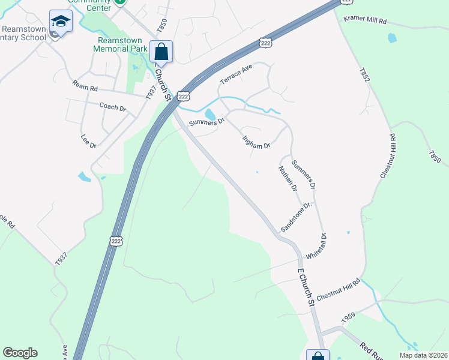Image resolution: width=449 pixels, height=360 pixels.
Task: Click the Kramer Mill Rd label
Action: click(365, 20)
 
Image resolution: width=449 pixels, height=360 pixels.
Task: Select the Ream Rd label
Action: click(85, 87)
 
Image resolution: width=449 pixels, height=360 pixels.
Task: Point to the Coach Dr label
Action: click(112, 107)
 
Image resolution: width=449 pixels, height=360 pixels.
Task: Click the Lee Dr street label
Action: click(88, 142)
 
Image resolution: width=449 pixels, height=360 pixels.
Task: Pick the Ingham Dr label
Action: click(256, 142)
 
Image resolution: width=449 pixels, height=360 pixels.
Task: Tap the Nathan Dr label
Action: click(288, 178)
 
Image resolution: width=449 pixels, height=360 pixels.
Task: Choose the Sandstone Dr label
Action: click(297, 217)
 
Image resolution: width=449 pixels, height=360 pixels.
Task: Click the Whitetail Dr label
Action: click(316, 246)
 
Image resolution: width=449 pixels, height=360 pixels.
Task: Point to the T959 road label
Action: click(349, 317)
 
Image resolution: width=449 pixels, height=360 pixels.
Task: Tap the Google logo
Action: click(20, 353)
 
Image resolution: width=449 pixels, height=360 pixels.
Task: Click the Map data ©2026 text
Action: click(423, 355)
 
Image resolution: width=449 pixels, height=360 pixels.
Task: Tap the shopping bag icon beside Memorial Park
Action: click(161, 51)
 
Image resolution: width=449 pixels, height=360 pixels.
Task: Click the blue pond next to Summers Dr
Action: click(209, 114)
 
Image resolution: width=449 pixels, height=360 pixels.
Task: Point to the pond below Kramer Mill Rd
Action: click(392, 38)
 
